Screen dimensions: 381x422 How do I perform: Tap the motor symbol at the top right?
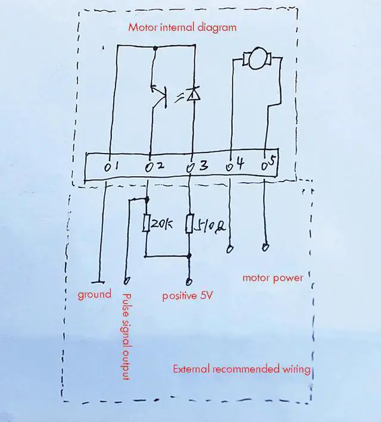[257, 58]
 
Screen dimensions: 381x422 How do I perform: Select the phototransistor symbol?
[158, 95]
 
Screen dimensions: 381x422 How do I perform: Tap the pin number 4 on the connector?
[240, 163]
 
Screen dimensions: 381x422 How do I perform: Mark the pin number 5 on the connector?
[273, 162]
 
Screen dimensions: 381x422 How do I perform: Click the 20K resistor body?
[146, 223]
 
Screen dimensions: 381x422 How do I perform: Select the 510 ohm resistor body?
[189, 224]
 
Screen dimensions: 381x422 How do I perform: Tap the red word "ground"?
[95, 295]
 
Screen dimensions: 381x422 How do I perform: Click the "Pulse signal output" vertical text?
[126, 336]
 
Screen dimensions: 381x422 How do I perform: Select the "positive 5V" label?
[188, 296]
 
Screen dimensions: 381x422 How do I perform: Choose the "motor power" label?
[273, 278]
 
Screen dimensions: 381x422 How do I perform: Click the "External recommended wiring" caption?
[242, 369]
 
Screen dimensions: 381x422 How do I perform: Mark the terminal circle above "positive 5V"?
[189, 282]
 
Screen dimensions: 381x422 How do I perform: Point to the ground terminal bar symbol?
[99, 282]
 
